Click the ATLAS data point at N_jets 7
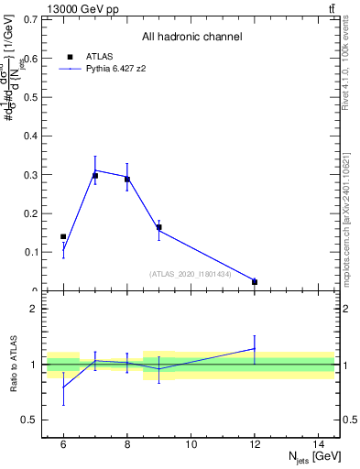pyautogui.click(x=95, y=175)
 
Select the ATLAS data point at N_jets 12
pyautogui.click(x=255, y=282)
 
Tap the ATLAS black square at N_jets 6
pyautogui.click(x=63, y=237)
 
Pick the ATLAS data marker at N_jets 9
pyautogui.click(x=159, y=227)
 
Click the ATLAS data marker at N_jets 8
pyautogui.click(x=127, y=180)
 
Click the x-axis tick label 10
pyautogui.click(x=191, y=444)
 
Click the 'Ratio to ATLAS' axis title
pyautogui.click(x=15, y=365)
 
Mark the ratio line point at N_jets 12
pyautogui.click(x=255, y=348)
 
